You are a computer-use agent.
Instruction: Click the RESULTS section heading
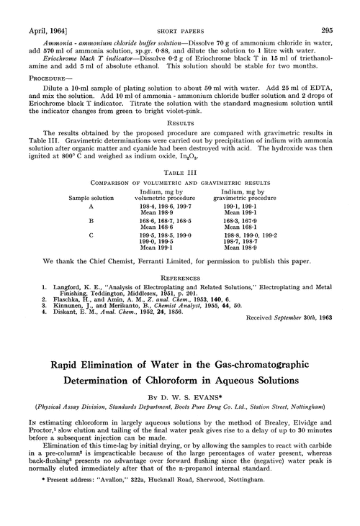179,123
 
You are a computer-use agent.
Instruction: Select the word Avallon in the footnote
114,512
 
